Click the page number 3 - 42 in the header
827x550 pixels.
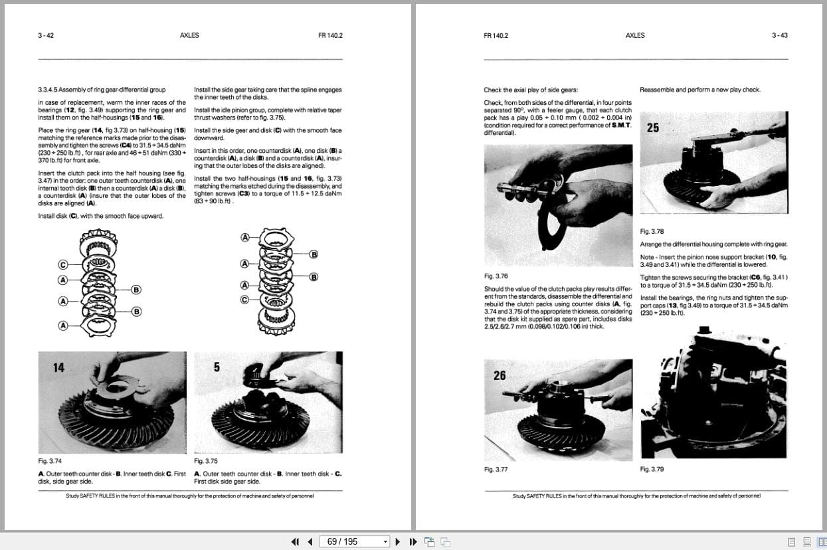click(46, 35)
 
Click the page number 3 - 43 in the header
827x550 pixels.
click(779, 35)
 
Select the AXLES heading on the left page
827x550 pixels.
click(189, 35)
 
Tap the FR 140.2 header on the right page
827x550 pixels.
click(496, 35)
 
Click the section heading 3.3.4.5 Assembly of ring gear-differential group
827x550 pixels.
click(102, 90)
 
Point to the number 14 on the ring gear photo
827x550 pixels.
click(59, 367)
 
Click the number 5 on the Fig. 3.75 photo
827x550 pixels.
click(217, 367)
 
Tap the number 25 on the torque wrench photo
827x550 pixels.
click(653, 128)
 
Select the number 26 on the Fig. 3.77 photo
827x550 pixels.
click(500, 375)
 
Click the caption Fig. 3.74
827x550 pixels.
click(50, 460)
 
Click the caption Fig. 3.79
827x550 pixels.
click(652, 469)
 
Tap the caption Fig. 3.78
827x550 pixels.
click(652, 231)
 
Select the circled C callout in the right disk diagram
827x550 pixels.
click(245, 300)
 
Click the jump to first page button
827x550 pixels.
click(295, 541)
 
